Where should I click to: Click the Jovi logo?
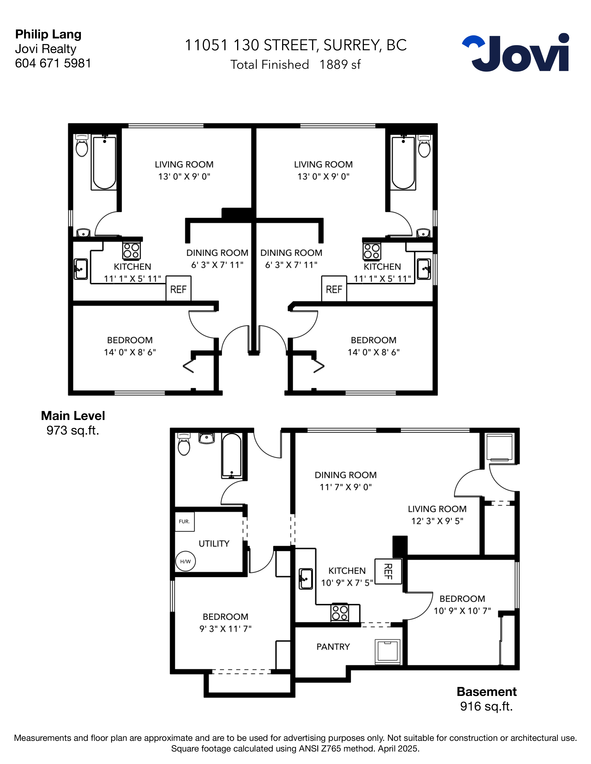[x=515, y=53]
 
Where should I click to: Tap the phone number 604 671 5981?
[x=53, y=63]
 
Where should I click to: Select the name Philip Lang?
[x=48, y=34]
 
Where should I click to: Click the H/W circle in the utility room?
[x=185, y=561]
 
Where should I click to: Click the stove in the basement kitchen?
[x=340, y=613]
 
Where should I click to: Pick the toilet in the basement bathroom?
[x=184, y=444]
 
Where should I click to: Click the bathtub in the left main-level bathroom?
[x=104, y=163]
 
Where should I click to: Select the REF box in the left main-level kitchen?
[x=178, y=289]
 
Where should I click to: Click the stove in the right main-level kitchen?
[x=372, y=251]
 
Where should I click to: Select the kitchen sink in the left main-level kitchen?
[x=81, y=269]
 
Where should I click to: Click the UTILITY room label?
[x=214, y=544]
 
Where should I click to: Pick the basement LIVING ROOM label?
[x=437, y=509]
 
